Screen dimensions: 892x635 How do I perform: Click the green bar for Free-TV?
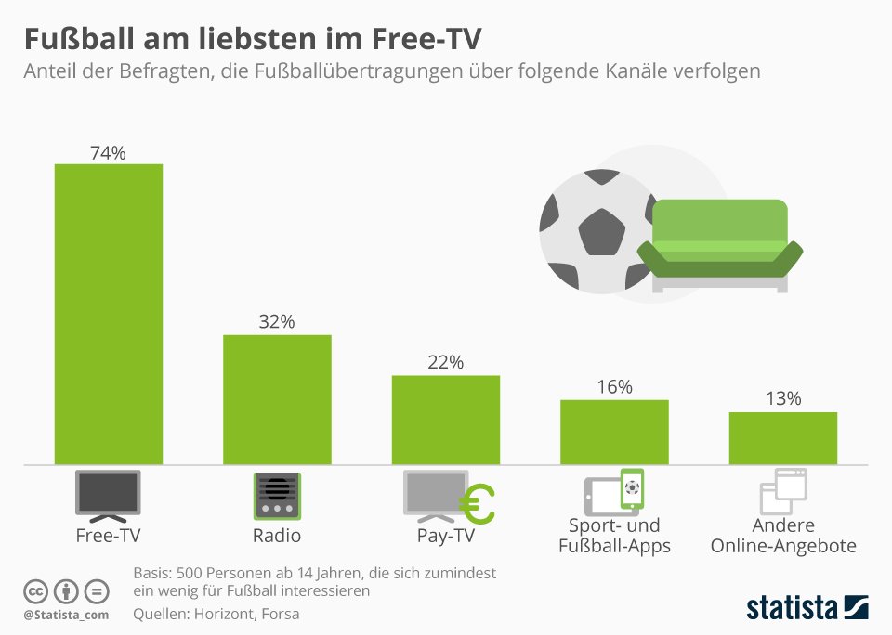[x=109, y=314]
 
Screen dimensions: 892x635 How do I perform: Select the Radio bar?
[x=277, y=399]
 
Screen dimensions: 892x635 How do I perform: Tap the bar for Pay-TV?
[x=446, y=420]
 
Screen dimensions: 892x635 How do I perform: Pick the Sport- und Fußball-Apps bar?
[x=614, y=432]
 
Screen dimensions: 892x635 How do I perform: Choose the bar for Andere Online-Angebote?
[x=783, y=438]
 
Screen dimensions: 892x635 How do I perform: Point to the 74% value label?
[x=108, y=153]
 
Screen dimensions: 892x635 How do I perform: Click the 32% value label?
[x=277, y=322]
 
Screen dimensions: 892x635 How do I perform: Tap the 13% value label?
[x=783, y=398]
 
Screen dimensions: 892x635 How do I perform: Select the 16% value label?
[x=614, y=386]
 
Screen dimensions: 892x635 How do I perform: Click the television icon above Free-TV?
[x=108, y=496]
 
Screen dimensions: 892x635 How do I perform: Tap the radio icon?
[x=277, y=496]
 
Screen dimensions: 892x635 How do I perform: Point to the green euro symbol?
[x=478, y=504]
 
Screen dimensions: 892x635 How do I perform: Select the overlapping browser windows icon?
[x=783, y=492]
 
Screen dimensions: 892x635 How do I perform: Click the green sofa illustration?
[x=720, y=246]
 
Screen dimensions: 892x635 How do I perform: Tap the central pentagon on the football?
[x=601, y=231]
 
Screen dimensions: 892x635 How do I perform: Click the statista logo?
[x=807, y=608]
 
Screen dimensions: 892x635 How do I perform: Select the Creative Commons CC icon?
[x=35, y=591]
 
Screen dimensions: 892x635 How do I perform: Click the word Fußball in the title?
[x=79, y=39]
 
